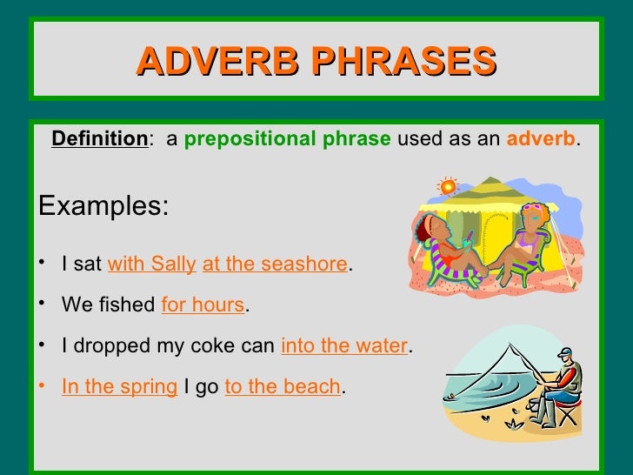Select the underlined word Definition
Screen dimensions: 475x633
(x=100, y=139)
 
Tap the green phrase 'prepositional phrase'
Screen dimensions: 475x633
(x=287, y=139)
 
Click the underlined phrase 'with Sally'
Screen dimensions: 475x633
(x=152, y=264)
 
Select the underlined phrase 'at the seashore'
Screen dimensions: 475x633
(x=275, y=264)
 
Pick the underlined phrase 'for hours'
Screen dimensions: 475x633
(x=203, y=305)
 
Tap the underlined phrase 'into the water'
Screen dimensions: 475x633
(x=344, y=346)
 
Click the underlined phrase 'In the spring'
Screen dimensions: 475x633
(x=119, y=387)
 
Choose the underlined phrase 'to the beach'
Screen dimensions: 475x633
(x=283, y=387)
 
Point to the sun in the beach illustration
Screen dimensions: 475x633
(x=448, y=185)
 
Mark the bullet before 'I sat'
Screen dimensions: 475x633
(x=43, y=264)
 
